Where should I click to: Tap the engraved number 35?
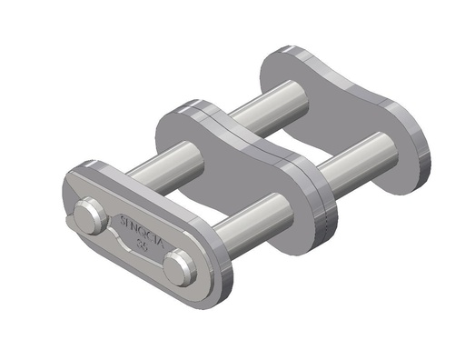142,244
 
